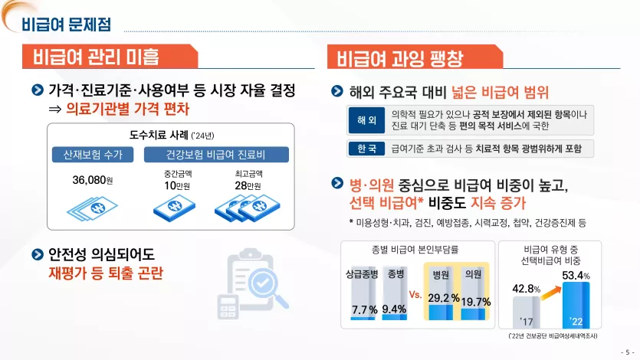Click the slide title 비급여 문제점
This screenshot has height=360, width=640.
[66, 24]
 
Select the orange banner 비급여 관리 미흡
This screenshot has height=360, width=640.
[110, 56]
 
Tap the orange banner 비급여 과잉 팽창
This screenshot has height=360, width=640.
[415, 57]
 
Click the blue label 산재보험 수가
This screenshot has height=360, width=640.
[93, 155]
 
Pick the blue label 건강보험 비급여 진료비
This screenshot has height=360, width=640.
[216, 155]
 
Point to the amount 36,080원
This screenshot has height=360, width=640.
[93, 180]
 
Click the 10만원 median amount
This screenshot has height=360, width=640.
[177, 186]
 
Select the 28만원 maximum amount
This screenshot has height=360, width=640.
[248, 186]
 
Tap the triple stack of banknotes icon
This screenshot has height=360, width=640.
[248, 208]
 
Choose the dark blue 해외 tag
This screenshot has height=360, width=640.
[366, 120]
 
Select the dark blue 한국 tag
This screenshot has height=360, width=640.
[366, 149]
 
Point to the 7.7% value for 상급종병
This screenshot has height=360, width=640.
[365, 310]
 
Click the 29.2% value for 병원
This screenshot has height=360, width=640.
[444, 298]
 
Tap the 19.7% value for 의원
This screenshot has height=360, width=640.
[476, 302]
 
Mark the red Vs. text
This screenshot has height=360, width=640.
[415, 294]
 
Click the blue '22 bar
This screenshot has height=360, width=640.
[576, 305]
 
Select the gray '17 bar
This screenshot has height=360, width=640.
[527, 313]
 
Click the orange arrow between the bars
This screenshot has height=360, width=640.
[551, 292]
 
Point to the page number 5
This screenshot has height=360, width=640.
[627, 352]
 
